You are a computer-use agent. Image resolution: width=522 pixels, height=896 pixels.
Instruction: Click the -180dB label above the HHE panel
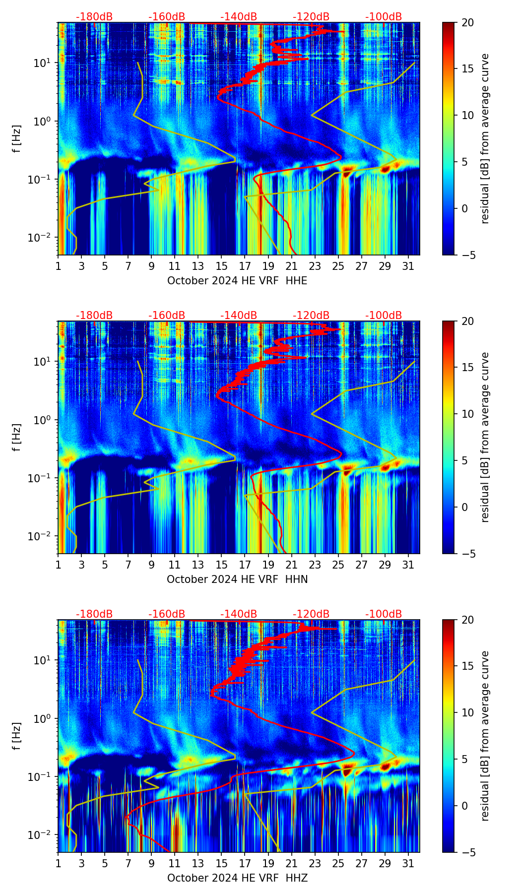[x=94, y=17]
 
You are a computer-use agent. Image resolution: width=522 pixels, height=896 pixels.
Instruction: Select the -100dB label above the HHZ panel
[x=384, y=614]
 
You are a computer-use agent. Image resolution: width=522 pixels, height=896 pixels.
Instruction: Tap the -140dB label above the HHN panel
[x=239, y=316]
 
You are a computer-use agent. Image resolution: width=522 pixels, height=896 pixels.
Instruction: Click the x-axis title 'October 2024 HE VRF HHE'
[x=237, y=281]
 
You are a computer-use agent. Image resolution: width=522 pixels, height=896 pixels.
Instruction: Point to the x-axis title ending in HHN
[x=237, y=579]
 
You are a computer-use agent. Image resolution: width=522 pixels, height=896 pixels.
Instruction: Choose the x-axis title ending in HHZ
[x=237, y=878]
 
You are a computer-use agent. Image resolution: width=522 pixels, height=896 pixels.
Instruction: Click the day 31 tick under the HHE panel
[x=408, y=266]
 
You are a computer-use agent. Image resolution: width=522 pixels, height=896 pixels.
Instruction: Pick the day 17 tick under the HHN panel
[x=245, y=565]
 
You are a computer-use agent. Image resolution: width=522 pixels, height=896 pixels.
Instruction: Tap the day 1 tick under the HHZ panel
[x=58, y=863]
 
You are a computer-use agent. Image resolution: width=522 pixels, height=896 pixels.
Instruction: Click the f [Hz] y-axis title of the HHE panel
[x=17, y=139]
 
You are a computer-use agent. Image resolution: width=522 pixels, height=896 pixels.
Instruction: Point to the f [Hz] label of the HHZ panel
[x=17, y=736]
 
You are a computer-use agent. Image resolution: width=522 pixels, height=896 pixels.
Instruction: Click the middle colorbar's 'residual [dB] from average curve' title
[x=485, y=437]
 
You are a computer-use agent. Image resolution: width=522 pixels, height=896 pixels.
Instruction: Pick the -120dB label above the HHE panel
[x=311, y=17]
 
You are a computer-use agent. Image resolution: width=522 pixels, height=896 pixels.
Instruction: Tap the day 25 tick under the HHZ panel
[x=338, y=863]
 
